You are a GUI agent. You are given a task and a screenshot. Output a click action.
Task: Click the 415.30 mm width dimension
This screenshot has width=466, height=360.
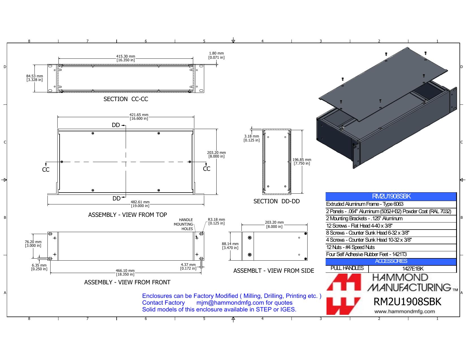126,58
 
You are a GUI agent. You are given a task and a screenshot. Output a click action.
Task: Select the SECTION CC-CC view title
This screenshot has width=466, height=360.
126,99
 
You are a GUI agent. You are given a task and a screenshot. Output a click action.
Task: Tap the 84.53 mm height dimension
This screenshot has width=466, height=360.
34,78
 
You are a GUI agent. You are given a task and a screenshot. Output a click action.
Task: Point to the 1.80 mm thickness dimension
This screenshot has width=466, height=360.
216,55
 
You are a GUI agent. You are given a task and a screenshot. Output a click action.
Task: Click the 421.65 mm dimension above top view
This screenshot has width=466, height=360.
139,117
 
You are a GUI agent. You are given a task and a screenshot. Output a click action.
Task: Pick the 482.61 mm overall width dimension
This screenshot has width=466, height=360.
140,204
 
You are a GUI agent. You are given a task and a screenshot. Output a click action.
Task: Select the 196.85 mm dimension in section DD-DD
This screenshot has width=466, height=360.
302,162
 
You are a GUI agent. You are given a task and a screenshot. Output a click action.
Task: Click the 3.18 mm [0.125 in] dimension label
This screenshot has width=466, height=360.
252,138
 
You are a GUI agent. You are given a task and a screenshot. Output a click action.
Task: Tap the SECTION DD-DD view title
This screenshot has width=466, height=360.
276,201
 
